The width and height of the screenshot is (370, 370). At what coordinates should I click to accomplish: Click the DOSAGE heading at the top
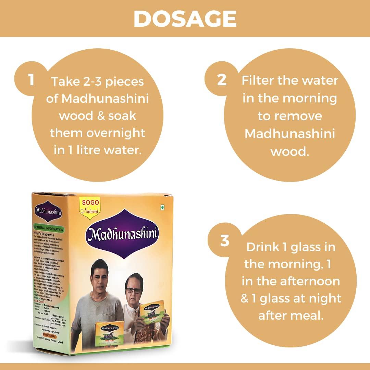coord(185,19)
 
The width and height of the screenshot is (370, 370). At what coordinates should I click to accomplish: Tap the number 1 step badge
coord(31,79)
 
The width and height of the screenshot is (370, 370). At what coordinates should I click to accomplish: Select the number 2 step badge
coord(222,79)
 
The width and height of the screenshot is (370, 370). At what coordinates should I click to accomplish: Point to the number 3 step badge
coord(224,241)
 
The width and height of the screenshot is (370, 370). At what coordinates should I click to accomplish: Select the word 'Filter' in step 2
coord(260,80)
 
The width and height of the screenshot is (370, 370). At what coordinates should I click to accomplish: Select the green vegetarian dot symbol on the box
coord(163,207)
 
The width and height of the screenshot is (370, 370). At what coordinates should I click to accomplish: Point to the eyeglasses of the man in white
coord(133,291)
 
